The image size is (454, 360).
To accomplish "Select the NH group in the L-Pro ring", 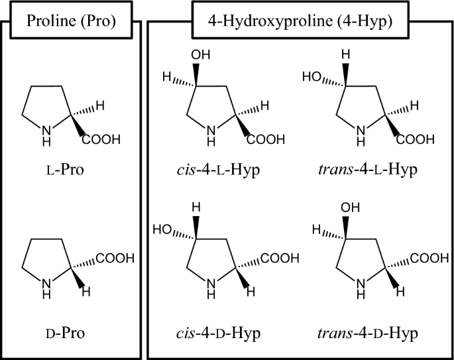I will tap(45, 133).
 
